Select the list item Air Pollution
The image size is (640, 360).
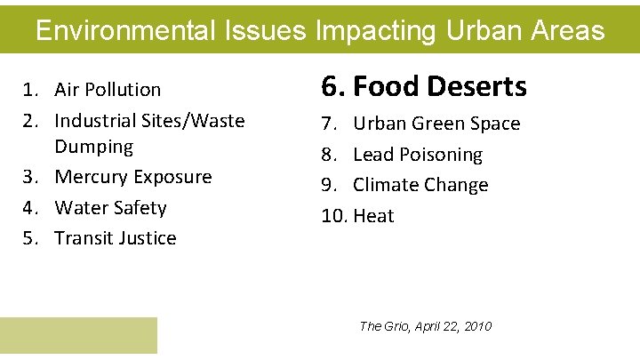coord(108,90)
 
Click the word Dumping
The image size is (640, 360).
coord(93,146)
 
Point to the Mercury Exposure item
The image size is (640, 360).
coord(132,177)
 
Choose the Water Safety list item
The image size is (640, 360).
coord(110,208)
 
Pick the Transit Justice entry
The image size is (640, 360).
coord(115,238)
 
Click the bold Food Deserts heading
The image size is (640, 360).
coord(439,87)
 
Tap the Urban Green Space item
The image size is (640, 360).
coord(436,124)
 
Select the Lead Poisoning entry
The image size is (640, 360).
coord(417,155)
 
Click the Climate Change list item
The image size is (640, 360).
coord(420,185)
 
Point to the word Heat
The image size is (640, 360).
coord(373,216)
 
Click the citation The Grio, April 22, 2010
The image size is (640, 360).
coord(425,326)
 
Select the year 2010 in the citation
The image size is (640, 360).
coord(476,326)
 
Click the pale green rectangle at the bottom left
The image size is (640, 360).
coord(78,336)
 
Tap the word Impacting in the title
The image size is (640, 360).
coord(373,31)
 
